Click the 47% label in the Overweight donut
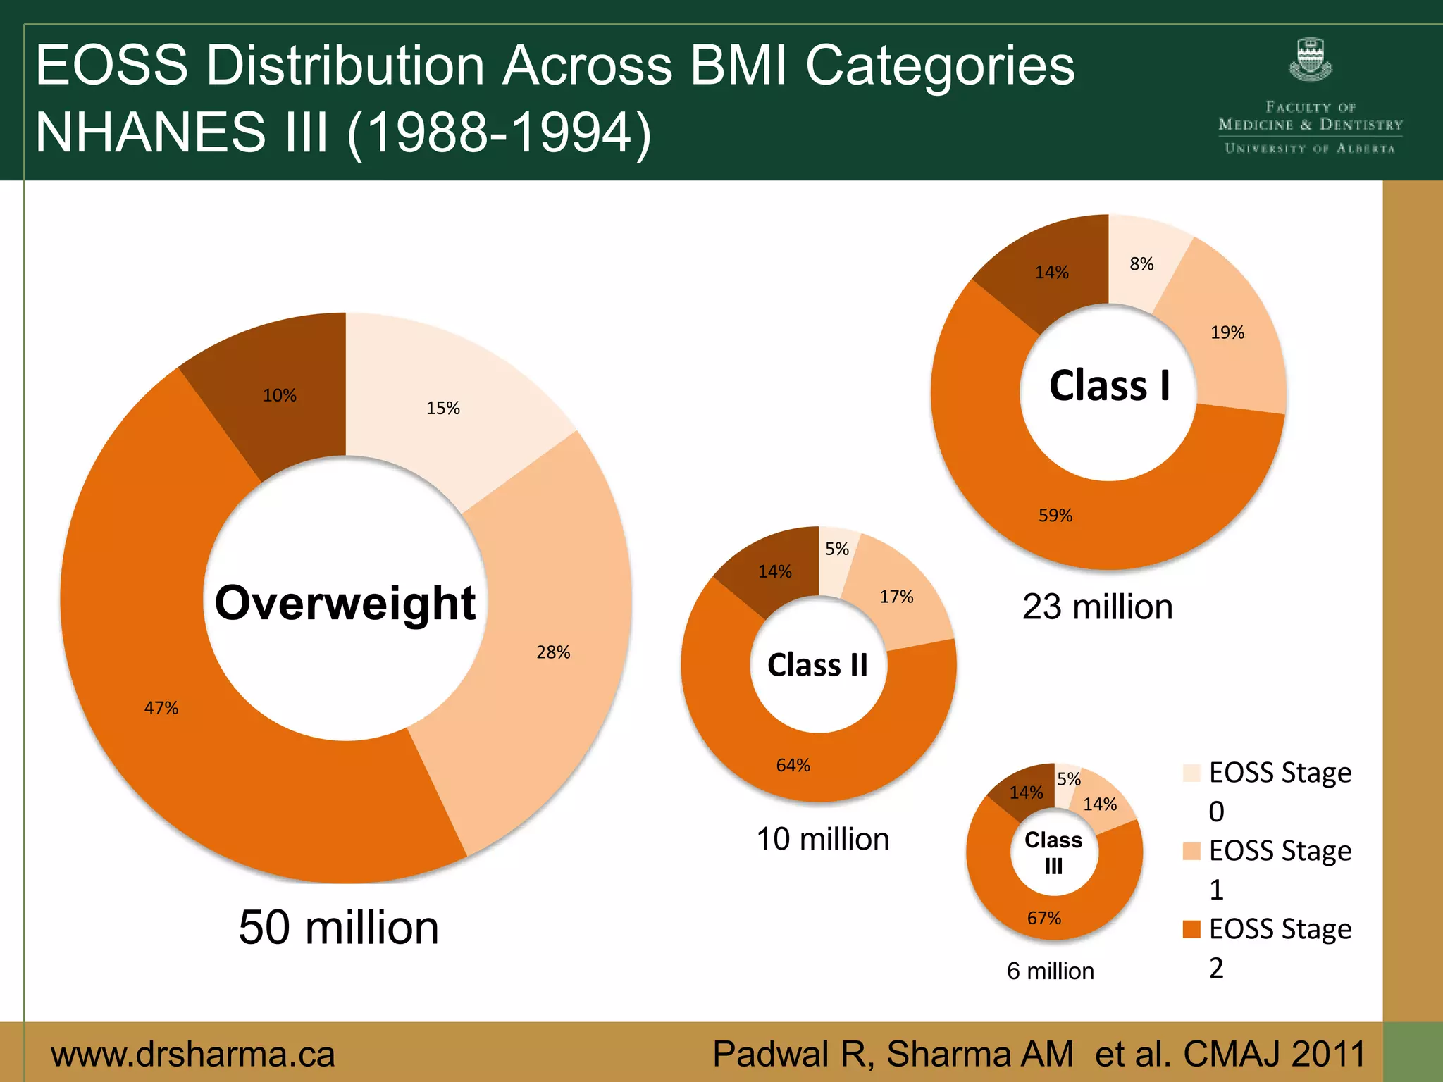(x=161, y=708)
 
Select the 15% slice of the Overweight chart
(x=443, y=408)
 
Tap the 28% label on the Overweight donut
(x=553, y=652)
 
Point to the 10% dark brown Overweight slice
(x=280, y=395)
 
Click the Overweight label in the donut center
(x=345, y=604)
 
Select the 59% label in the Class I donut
(x=1055, y=516)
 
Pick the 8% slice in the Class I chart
(x=1141, y=264)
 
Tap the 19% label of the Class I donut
(x=1227, y=332)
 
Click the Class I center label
(x=1109, y=386)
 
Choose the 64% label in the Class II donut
(x=793, y=766)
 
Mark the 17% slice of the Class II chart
(x=896, y=597)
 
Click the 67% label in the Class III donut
(x=1044, y=919)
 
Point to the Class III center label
(x=1053, y=852)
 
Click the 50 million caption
(x=339, y=928)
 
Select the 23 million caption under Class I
(x=1098, y=607)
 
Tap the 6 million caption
(x=1051, y=971)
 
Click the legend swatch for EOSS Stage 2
(x=1191, y=929)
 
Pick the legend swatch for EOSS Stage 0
(x=1191, y=773)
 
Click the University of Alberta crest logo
(x=1310, y=61)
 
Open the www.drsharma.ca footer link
(x=193, y=1055)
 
